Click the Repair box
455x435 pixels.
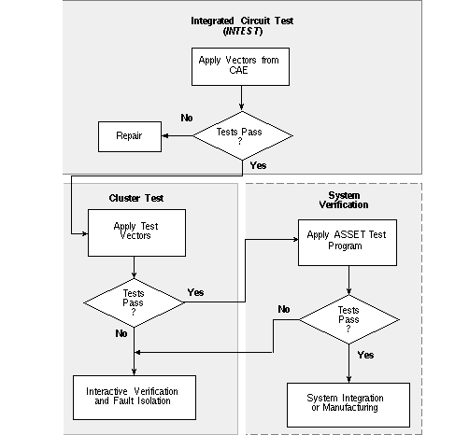click(x=130, y=136)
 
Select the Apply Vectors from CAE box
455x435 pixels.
click(x=240, y=66)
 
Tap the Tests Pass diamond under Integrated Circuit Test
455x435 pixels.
click(x=243, y=135)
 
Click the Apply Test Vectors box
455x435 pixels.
click(x=136, y=232)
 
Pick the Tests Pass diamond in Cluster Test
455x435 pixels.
click(x=134, y=302)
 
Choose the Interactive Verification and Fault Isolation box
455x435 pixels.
click(x=135, y=398)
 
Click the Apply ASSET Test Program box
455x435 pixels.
click(x=348, y=243)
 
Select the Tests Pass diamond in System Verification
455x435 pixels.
click(x=349, y=319)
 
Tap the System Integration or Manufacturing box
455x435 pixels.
click(x=348, y=405)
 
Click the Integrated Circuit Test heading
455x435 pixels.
click(x=242, y=21)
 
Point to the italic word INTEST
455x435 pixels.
click(x=243, y=31)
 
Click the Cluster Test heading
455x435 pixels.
click(x=136, y=198)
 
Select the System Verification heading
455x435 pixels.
click(x=344, y=200)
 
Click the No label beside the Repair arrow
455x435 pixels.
click(x=187, y=118)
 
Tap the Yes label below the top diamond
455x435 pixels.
click(x=258, y=165)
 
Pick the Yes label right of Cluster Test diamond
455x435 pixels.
click(x=195, y=292)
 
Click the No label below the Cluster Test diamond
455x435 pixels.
click(x=121, y=333)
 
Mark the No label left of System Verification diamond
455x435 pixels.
click(x=284, y=309)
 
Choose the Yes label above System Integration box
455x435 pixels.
click(x=365, y=355)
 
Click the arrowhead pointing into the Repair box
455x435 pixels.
click(x=165, y=135)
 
